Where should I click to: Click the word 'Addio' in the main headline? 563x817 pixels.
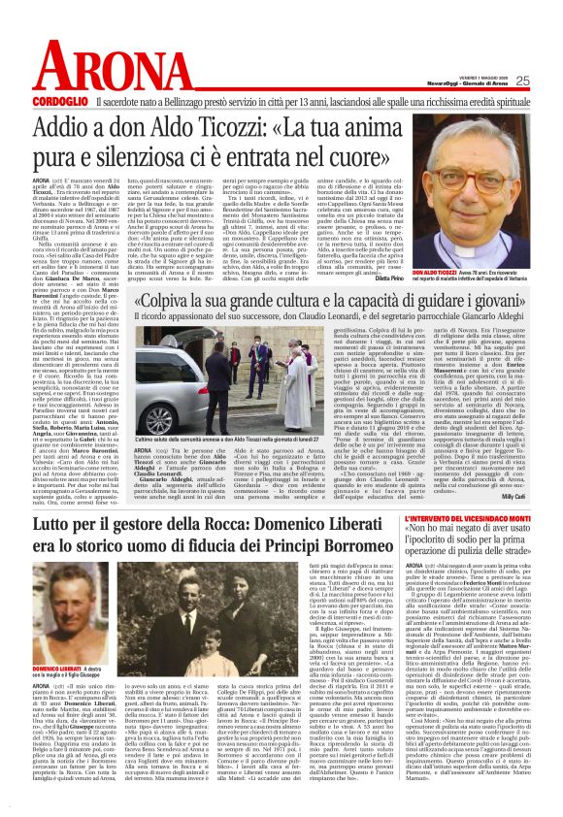tap(98, 127)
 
